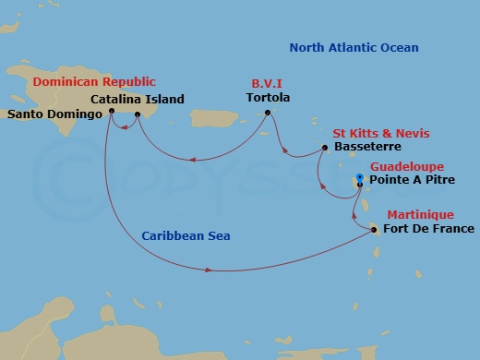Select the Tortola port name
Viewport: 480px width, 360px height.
(x=269, y=97)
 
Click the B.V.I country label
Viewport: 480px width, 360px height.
(x=269, y=82)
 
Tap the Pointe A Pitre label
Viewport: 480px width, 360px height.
(x=410, y=181)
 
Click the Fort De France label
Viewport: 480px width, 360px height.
(x=428, y=229)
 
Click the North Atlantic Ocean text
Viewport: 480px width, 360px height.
(x=354, y=47)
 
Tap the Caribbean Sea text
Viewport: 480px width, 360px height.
(x=186, y=235)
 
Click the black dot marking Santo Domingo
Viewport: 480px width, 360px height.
(x=110, y=113)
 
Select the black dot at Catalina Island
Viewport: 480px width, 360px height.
(x=137, y=115)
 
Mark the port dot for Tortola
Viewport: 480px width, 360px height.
(x=267, y=114)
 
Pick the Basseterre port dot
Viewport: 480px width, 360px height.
(x=324, y=147)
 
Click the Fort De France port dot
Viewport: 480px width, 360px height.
(x=374, y=229)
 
